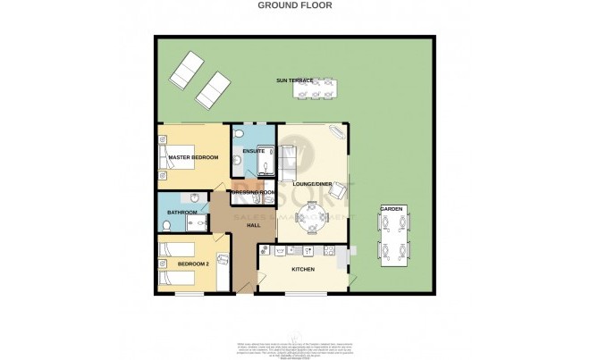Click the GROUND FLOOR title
295,4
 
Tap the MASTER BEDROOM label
193,158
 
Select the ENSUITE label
254,152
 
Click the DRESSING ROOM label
252,193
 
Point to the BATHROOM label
181,213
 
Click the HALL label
254,225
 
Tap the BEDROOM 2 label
192,264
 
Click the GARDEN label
392,209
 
